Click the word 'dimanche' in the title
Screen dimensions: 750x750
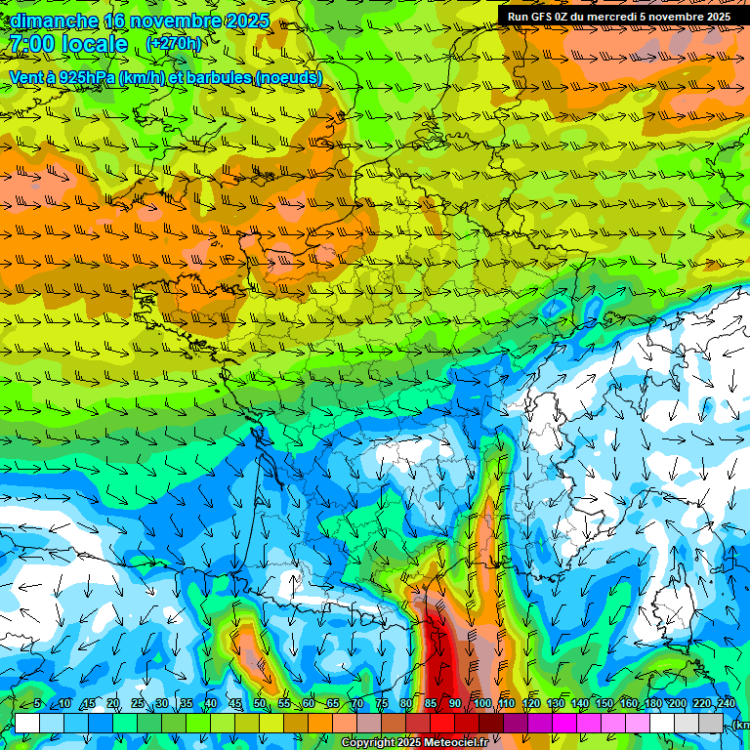pos(55,21)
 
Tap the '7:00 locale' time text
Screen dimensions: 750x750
pos(68,44)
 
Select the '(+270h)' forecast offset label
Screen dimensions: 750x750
pos(173,44)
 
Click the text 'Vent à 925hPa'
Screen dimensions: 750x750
pos(62,77)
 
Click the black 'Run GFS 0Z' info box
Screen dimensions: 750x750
pos(618,16)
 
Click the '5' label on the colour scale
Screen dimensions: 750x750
pos(36,703)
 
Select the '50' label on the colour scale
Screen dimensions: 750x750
pos(260,703)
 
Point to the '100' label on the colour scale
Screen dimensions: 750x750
pos(481,703)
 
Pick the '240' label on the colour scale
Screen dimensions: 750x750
pos(727,703)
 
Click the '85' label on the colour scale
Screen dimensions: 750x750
pos(431,703)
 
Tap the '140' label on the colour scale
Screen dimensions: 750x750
pos(580,703)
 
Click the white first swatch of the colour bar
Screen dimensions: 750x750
pos(27,723)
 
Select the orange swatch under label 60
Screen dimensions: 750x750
pos(320,723)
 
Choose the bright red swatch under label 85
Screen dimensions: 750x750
pos(442,723)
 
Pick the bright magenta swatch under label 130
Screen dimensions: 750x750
pos(564,723)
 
